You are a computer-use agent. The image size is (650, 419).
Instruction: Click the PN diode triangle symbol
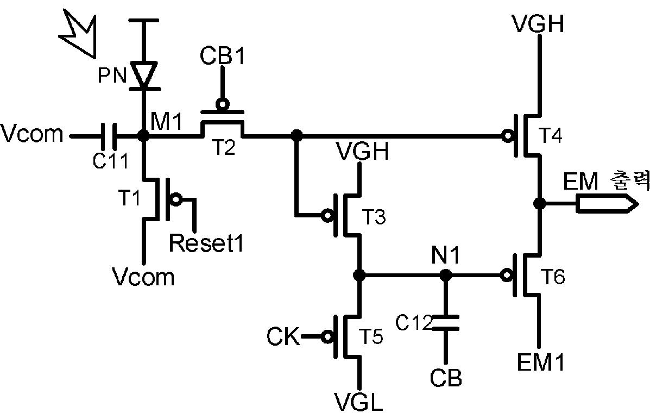144,75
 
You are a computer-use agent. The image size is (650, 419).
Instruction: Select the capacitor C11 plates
109,135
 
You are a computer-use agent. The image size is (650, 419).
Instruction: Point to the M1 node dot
144,135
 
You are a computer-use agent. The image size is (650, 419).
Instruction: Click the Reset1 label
206,243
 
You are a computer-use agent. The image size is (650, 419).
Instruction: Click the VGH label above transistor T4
538,23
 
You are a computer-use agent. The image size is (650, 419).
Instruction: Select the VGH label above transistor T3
363,151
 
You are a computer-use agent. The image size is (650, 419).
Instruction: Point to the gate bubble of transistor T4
507,135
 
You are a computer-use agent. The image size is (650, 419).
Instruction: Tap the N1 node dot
445,274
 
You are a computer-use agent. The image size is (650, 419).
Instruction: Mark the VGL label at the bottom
359,402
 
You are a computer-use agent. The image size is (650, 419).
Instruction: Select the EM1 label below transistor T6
540,362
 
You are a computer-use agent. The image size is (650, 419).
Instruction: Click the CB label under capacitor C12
446,377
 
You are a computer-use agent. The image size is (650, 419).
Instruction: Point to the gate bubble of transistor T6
506,274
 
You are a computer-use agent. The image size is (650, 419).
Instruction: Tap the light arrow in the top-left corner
78,34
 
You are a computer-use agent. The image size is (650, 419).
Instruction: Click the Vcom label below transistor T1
143,277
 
